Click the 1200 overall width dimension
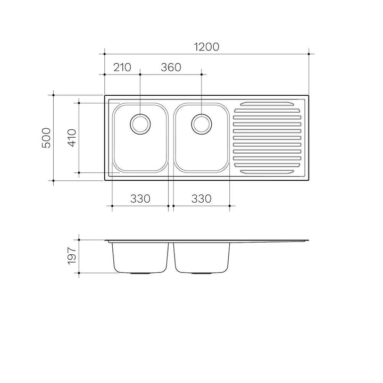pyautogui.click(x=206, y=47)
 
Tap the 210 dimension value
pyautogui.click(x=122, y=68)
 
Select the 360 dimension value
pyautogui.click(x=171, y=68)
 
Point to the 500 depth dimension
pyautogui.click(x=46, y=138)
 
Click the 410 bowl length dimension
pyautogui.click(x=72, y=138)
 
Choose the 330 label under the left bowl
pyautogui.click(x=140, y=199)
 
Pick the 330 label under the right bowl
pyautogui.click(x=201, y=199)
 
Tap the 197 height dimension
pyautogui.click(x=72, y=256)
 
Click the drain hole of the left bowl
pyautogui.click(x=140, y=124)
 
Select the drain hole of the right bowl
pyautogui.click(x=202, y=124)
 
